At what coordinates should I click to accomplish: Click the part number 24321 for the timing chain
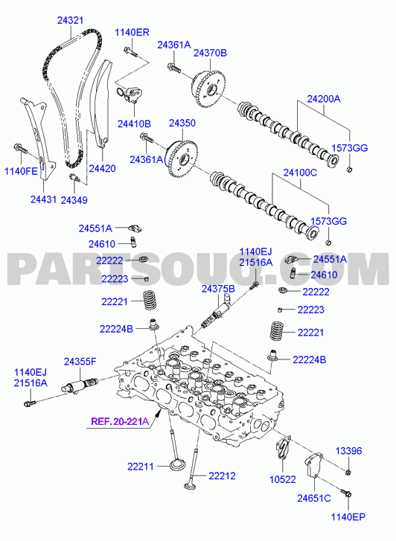71,20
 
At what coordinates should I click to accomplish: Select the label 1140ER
132,33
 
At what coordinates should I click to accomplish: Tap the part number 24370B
210,53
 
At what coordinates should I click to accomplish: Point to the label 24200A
324,99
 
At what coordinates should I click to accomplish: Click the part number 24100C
300,173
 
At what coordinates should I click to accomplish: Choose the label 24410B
134,124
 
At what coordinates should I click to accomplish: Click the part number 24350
182,124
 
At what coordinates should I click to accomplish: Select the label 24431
43,199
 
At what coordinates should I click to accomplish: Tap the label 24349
74,200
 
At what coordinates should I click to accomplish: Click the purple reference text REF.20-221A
120,421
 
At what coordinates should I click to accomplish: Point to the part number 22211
141,467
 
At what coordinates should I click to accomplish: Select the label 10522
283,479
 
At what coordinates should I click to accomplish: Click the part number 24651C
314,499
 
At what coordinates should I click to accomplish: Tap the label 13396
348,451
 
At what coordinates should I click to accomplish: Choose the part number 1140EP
348,517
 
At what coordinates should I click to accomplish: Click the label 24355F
80,362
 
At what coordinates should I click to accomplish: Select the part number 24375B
218,289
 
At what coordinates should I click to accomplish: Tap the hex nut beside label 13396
348,472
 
